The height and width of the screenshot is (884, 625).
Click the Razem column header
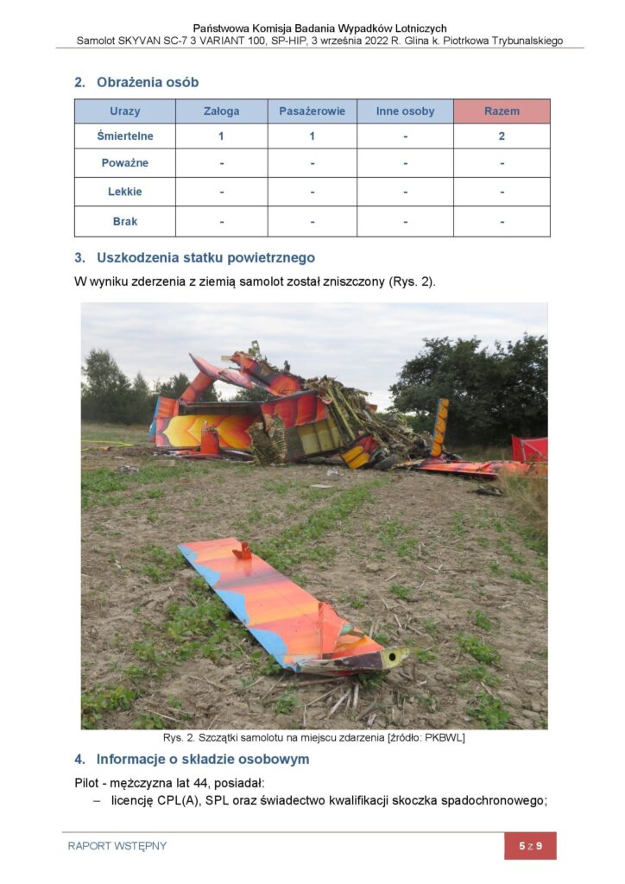coord(502,111)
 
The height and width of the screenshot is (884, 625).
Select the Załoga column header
coord(222,111)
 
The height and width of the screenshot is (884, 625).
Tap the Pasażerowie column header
coord(312,111)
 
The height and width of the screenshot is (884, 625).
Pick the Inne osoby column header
coord(405,111)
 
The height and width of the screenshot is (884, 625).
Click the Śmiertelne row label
coord(125,136)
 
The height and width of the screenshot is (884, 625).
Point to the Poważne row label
coord(125,163)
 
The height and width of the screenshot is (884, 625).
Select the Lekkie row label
coord(125,192)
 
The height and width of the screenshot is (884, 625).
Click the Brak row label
coord(125,221)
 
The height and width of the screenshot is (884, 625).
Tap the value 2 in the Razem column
coord(502,136)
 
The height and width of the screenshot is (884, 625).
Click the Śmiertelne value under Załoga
coord(222,136)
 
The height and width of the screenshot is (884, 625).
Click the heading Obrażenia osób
coord(148,83)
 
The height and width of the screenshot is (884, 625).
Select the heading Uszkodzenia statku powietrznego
coord(205,257)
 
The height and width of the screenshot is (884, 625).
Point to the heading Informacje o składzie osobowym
coord(202,760)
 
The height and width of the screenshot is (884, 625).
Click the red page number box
coord(530,846)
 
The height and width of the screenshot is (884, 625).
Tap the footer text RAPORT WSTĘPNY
coord(117,846)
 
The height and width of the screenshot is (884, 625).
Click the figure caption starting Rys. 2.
coord(314,738)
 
